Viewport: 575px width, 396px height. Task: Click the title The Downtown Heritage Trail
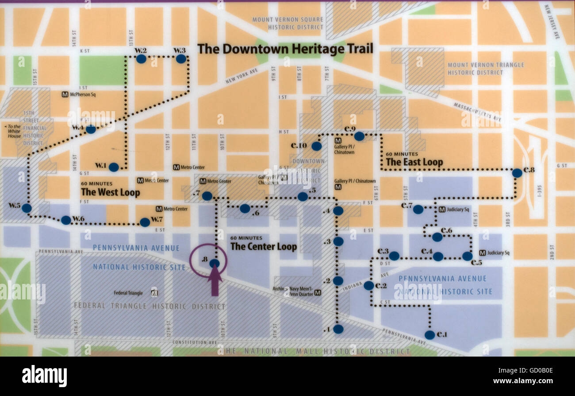click(285, 49)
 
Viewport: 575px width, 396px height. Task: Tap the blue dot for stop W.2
click(141, 58)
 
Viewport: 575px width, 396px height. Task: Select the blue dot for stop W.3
click(181, 58)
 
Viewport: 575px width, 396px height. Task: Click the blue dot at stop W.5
click(27, 208)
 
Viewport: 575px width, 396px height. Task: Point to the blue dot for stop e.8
click(517, 173)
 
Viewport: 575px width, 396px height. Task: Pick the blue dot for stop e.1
click(429, 335)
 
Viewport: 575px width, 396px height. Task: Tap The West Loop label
click(110, 192)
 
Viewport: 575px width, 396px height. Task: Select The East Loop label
click(414, 162)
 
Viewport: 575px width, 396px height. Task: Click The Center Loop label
click(264, 247)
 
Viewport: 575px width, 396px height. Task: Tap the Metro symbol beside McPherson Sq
click(65, 94)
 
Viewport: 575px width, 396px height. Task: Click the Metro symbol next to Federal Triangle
click(154, 292)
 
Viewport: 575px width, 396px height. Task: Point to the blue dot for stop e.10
click(316, 146)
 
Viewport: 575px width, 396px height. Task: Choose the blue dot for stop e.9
click(359, 136)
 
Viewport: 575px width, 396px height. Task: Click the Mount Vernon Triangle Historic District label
click(486, 69)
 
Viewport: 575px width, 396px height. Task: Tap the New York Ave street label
click(241, 76)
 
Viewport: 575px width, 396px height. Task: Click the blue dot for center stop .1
click(338, 329)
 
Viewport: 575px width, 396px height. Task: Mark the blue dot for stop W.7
click(145, 222)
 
